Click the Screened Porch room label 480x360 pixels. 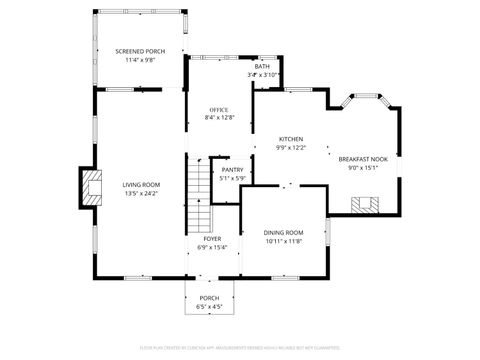tap(139, 51)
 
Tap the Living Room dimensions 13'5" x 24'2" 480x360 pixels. tap(141, 193)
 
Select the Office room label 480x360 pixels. tap(218, 110)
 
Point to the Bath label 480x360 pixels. tap(262, 67)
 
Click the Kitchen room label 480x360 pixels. tap(290, 139)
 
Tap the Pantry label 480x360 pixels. tap(232, 170)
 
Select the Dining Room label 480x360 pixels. tap(283, 233)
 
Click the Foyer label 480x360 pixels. tap(212, 239)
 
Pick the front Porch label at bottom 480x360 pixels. tap(209, 298)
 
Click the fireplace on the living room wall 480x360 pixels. tap(92, 187)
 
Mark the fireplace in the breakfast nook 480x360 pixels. tap(364, 205)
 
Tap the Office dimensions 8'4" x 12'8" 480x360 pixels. tap(218, 118)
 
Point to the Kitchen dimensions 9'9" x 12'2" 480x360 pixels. tap(290, 148)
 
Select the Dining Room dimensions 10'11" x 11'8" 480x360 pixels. tap(283, 241)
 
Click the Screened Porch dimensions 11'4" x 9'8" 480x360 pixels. tap(139, 60)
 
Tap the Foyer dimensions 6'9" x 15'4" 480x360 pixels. tap(212, 247)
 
